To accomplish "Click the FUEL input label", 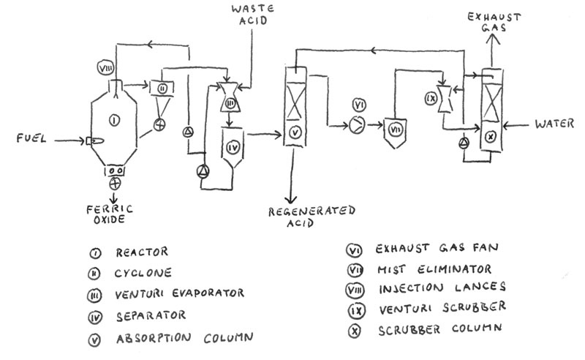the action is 31,138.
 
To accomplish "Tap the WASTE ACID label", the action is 252,15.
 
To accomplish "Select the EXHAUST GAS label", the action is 494,22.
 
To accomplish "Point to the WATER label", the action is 554,124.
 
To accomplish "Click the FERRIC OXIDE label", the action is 110,214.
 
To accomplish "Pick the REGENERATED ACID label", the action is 312,217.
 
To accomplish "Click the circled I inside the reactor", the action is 115,120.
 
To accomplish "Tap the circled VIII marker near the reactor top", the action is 105,68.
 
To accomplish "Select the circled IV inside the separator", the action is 233,148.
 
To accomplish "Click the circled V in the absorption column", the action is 295,132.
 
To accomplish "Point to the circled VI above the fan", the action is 359,105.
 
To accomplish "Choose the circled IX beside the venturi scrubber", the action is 431,98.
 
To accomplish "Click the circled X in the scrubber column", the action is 490,137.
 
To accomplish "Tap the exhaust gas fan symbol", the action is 357,125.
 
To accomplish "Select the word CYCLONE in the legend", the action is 143,273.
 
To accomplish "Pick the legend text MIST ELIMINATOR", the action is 434,269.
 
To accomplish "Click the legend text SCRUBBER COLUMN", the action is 440,329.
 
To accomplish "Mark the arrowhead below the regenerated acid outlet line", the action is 291,199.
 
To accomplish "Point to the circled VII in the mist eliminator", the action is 395,130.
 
